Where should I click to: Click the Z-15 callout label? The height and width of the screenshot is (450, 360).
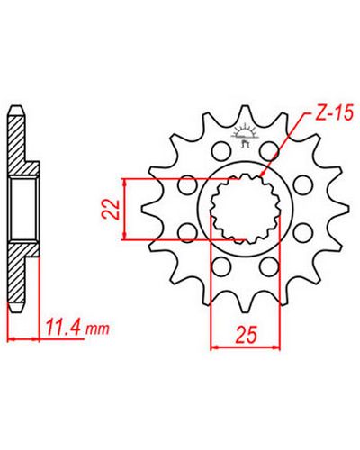335,114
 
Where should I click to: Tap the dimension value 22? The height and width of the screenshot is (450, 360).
111,209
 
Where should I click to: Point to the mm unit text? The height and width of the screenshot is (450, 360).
97,329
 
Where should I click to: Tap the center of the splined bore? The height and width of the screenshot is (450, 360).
245,209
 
